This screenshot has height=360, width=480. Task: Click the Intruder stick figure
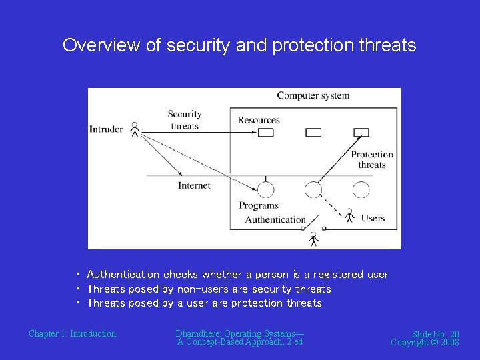coord(135,129)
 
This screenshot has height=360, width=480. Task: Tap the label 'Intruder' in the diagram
coord(106,129)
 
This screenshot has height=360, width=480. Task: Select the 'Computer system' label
coord(313,95)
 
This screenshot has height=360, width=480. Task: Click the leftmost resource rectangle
coord(265,133)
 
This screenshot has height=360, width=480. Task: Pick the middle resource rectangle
coord(313,133)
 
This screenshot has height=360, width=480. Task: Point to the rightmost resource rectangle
coord(361,133)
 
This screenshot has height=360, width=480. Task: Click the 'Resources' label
coord(259,120)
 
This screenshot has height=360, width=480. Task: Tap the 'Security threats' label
coord(185,120)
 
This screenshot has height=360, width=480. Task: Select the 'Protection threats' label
coord(372,160)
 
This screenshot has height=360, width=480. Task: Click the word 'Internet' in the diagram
coord(194,185)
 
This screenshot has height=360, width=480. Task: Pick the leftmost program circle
coord(265,190)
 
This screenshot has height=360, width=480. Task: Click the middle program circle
coord(313,190)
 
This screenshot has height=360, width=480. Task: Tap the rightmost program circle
coord(361,190)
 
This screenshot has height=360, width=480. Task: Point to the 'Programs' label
coord(259,205)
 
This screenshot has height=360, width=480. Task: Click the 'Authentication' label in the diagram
coord(275,219)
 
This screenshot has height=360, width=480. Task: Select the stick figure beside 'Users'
coord(349,216)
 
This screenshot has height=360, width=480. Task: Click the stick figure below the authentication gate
coord(313,239)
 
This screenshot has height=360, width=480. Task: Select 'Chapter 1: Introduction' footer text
coord(72,333)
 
